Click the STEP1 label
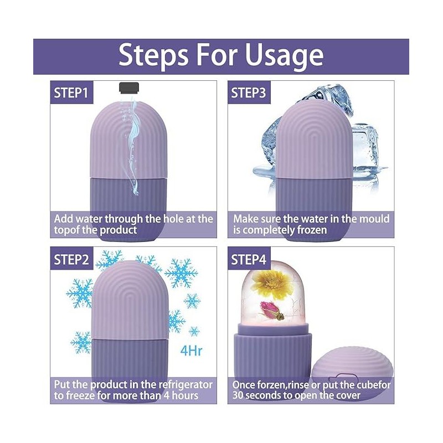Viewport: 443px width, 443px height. tap(71, 93)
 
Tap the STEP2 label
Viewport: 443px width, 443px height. tap(71, 259)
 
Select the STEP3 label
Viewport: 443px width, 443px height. tap(249, 93)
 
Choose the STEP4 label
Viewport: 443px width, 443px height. tap(249, 259)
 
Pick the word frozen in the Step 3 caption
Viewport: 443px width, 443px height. tap(307, 230)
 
